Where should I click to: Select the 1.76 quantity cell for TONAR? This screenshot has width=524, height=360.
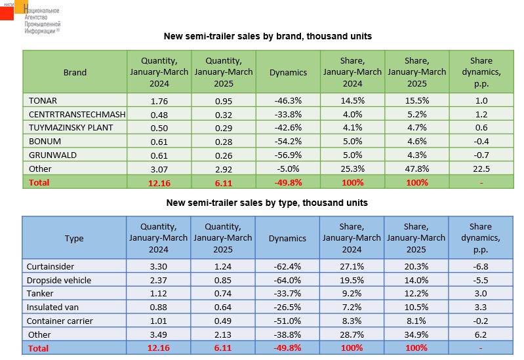[x=159, y=100]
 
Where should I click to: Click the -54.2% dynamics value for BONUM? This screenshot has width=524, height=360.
[x=287, y=141]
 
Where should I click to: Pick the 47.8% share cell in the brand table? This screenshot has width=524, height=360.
[x=416, y=169]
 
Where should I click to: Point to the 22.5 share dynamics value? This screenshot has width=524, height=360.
[x=481, y=169]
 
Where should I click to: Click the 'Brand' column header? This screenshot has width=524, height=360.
[x=75, y=73]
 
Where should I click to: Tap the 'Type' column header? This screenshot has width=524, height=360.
[x=74, y=239]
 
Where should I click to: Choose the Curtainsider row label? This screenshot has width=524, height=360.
[x=50, y=266]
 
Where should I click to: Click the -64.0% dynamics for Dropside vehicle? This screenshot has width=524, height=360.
[x=287, y=280]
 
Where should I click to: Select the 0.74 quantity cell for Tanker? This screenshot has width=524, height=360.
[x=223, y=293]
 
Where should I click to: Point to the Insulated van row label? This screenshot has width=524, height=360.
[x=52, y=307]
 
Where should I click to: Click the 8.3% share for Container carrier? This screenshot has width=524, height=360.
[x=352, y=321]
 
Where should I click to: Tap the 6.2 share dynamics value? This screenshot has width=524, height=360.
[x=481, y=334]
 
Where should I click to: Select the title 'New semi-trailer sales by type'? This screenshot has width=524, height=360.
[x=267, y=203]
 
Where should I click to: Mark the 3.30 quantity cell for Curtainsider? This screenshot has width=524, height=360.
[x=159, y=266]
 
